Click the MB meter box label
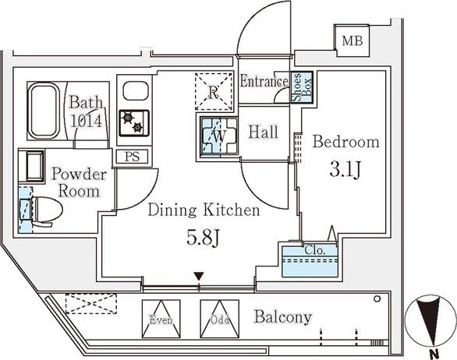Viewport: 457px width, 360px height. click(352, 41)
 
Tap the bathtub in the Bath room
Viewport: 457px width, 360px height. click(44, 110)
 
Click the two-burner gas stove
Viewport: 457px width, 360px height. click(134, 123)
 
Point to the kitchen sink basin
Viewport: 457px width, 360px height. click(136, 91)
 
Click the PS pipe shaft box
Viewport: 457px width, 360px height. click(133, 157)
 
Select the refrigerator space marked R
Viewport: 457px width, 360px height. click(214, 92)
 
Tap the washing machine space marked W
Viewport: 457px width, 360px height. click(219, 136)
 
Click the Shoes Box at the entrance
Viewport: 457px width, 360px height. click(303, 87)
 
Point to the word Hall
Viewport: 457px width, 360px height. click(263, 132)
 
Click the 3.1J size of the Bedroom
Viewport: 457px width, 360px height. click(345, 169)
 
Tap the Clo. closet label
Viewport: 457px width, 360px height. click(315, 250)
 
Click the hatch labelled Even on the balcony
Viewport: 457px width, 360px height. click(161, 319)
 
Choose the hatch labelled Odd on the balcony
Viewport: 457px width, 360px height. click(220, 319)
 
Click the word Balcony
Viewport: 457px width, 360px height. click(283, 317)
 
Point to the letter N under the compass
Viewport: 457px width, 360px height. click(434, 355)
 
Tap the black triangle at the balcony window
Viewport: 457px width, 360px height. click(199, 276)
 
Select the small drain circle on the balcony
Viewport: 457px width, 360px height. click(377, 298)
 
